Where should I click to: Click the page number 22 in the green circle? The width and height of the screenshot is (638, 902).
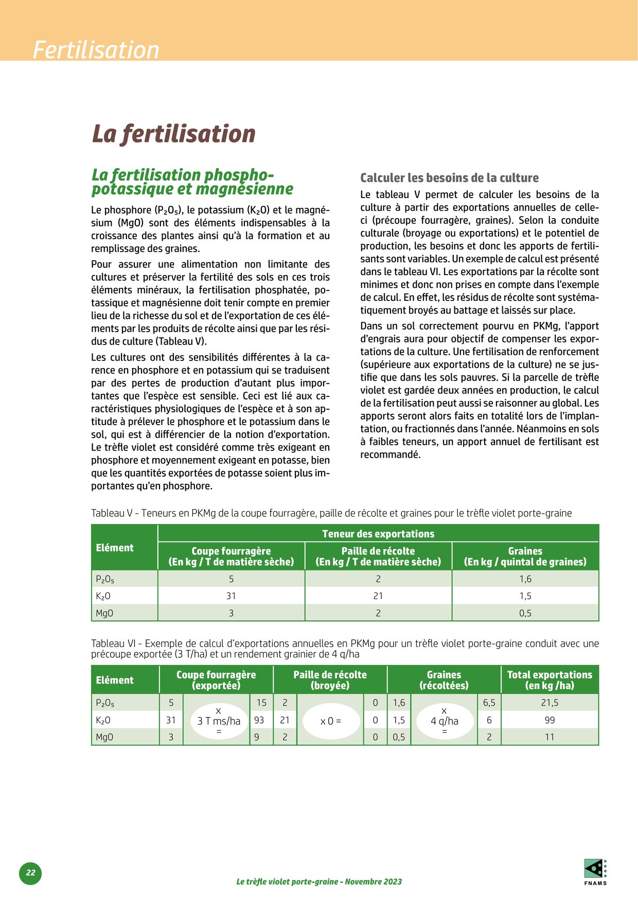[x=30, y=873]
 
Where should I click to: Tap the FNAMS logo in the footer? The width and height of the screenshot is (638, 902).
[x=595, y=872]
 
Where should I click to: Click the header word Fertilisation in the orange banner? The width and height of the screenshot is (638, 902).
[x=96, y=50]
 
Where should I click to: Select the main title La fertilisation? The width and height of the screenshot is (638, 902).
[x=173, y=134]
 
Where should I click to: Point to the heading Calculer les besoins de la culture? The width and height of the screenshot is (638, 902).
[x=449, y=178]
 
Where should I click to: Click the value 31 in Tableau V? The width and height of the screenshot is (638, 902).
[x=231, y=596]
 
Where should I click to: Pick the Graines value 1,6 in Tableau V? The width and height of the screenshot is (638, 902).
[x=525, y=579]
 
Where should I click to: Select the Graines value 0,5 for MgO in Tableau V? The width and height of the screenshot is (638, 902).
[x=525, y=613]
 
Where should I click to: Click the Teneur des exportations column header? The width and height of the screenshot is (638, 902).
[x=378, y=534]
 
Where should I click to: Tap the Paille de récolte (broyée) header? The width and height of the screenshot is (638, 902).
[x=330, y=680]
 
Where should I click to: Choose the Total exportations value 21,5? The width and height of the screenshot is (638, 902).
[x=550, y=702]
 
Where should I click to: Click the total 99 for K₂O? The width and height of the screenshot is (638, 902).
[x=550, y=720]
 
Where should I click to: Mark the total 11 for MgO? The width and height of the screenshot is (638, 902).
[x=550, y=737]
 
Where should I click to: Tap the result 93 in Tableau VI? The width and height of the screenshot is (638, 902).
[x=259, y=720]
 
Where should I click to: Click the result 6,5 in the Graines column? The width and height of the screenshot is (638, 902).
[x=489, y=702]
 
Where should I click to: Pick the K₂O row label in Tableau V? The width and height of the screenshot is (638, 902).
[x=103, y=596]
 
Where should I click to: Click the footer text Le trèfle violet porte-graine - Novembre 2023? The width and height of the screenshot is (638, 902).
[x=319, y=881]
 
